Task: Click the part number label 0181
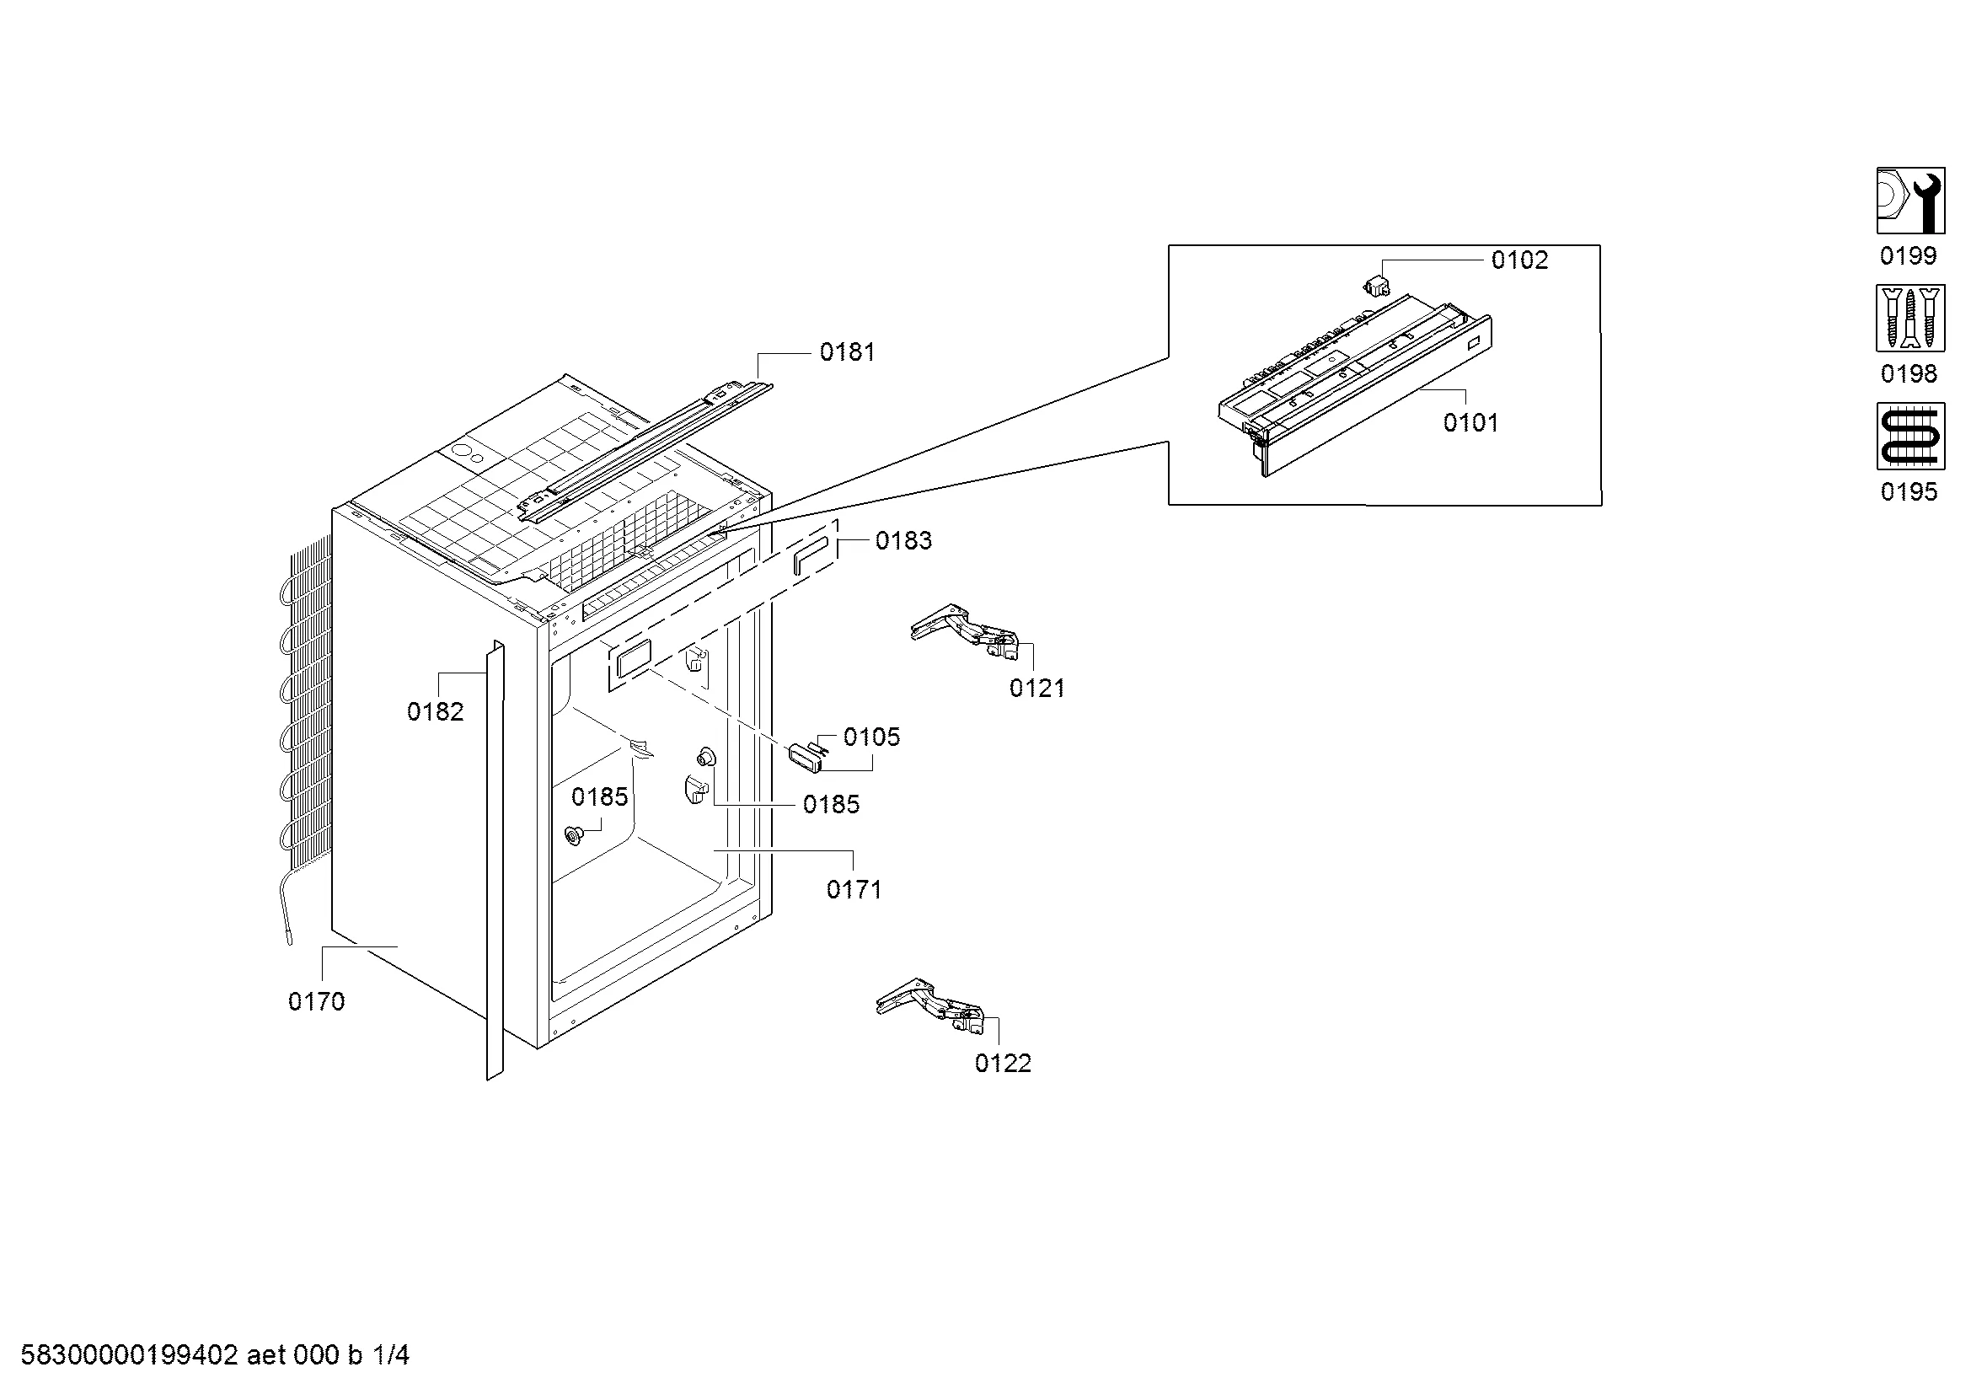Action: (x=847, y=352)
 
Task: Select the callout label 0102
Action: (x=1519, y=260)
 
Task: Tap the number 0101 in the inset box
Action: (x=1470, y=422)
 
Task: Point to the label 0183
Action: (x=903, y=541)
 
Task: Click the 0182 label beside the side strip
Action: (x=435, y=711)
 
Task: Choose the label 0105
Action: (x=871, y=737)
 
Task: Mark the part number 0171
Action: (x=854, y=890)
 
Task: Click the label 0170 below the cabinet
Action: (x=317, y=1002)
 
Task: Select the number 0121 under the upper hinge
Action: (x=1037, y=689)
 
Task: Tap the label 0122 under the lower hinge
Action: (x=1003, y=1064)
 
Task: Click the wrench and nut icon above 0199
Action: (x=1910, y=201)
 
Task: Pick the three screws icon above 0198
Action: (x=1910, y=319)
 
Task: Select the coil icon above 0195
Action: (x=1910, y=436)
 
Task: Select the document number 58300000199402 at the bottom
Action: (x=129, y=1356)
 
